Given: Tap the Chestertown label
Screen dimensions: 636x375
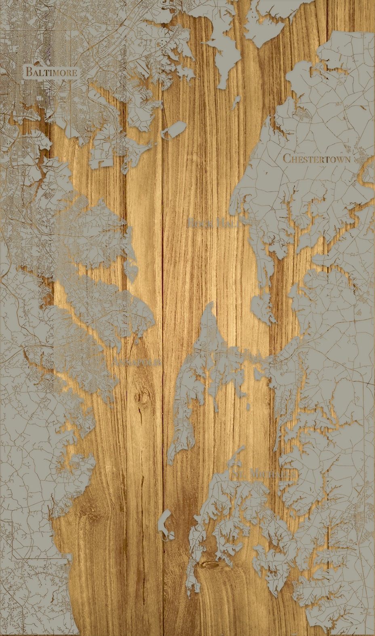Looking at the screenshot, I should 316,158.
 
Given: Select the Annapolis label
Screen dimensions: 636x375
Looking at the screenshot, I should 137,362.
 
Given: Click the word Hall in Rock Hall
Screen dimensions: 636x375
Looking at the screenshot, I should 229,222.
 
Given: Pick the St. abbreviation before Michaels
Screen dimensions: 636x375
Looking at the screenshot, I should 237,474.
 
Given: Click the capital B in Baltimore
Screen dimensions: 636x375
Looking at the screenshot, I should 29,72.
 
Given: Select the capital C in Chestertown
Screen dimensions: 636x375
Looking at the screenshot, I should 287,158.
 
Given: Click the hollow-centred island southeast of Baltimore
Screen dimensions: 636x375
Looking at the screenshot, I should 173,130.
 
